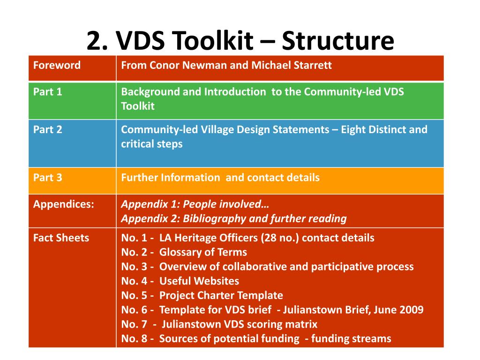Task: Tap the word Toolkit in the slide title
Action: [x=214, y=41]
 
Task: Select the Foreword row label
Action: [x=57, y=65]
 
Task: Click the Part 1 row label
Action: [x=48, y=92]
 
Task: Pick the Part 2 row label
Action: [x=48, y=129]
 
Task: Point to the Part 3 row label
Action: [x=48, y=178]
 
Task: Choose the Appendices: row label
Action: [x=64, y=204]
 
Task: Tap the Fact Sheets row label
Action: [x=61, y=238]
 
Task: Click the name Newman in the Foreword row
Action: [x=207, y=65]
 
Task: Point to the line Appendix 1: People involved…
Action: [x=195, y=204]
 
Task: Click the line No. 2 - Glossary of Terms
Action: [x=184, y=252]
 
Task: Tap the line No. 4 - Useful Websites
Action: [x=180, y=281]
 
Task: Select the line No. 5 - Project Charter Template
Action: [x=202, y=295]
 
